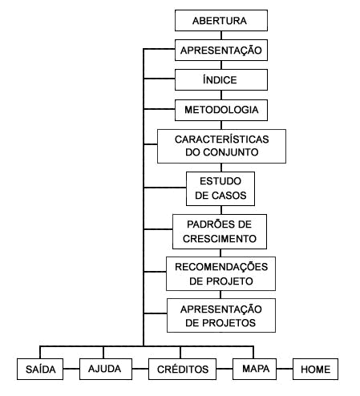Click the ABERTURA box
[x=221, y=21]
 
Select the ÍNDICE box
[x=221, y=79]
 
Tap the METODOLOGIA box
[x=221, y=110]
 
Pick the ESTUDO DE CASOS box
[x=220, y=188]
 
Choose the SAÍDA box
[x=40, y=369]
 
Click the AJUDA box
[x=106, y=369]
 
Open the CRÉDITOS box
[x=182, y=369]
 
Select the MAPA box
[x=254, y=369]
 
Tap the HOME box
[x=315, y=369]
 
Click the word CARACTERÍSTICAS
[x=221, y=139]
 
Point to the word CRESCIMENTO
[x=220, y=239]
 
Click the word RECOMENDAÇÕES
[x=221, y=267]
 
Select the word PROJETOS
[x=229, y=323]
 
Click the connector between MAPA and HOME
[x=285, y=369]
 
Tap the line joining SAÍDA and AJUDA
[x=71, y=369]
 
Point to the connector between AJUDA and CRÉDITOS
[x=140, y=369]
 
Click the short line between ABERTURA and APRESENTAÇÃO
[x=221, y=35]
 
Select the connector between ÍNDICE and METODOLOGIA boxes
[x=221, y=95]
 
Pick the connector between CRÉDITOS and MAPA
[x=224, y=369]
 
